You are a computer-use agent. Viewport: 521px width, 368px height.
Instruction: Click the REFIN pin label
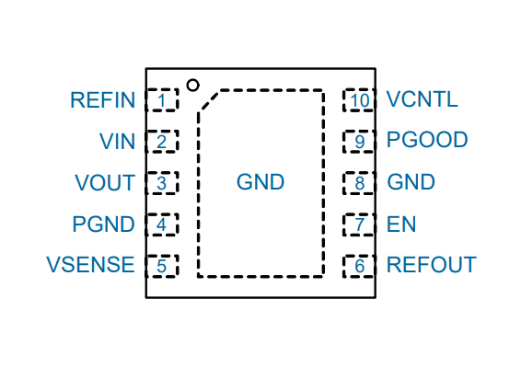103,100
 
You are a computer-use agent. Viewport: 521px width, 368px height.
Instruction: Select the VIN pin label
117,142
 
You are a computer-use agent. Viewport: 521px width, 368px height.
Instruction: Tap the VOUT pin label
105,183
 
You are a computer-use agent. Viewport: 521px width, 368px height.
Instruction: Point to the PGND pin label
104,224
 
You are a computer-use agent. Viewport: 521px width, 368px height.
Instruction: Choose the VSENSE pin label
90,265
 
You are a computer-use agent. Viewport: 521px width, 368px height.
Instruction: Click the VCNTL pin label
422,99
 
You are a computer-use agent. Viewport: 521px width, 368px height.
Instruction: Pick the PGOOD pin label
427,140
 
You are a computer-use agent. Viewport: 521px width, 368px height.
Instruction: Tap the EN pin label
401,224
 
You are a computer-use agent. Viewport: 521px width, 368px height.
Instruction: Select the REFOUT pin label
432,265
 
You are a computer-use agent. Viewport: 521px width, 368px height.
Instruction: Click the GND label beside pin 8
411,182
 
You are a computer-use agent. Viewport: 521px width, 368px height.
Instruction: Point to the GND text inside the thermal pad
260,182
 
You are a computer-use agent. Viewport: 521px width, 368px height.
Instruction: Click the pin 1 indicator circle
192,85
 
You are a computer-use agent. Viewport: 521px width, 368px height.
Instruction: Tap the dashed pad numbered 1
162,99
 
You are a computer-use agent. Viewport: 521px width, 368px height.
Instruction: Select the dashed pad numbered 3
162,183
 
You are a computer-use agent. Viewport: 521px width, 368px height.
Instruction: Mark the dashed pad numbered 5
162,266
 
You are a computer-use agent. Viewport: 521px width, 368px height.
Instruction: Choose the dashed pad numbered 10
359,99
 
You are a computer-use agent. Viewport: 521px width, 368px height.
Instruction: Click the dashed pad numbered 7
359,224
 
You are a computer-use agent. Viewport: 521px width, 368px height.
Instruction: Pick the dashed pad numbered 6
359,266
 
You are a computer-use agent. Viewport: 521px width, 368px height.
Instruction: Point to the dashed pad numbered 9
359,142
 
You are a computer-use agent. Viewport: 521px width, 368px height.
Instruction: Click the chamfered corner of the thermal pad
209,101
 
